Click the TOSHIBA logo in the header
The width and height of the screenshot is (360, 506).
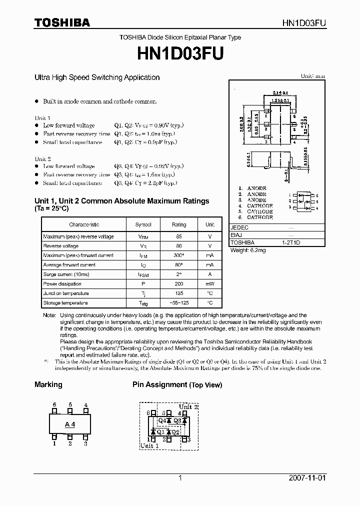(62, 23)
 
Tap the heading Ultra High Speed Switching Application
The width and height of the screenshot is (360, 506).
(97, 77)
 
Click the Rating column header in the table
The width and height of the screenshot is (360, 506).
(179, 225)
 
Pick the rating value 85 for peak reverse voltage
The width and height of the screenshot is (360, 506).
(179, 236)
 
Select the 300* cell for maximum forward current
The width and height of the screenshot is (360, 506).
(179, 255)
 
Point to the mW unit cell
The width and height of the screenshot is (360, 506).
(210, 284)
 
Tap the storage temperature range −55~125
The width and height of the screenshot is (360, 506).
(179, 303)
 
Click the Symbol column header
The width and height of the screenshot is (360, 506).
(143, 225)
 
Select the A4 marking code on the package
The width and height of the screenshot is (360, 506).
(70, 424)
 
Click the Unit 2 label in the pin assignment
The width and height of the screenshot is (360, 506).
(188, 407)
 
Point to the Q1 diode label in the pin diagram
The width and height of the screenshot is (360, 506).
(160, 432)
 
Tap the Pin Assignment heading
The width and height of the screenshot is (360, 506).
(159, 385)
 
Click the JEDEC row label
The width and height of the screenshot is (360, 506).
(239, 227)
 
